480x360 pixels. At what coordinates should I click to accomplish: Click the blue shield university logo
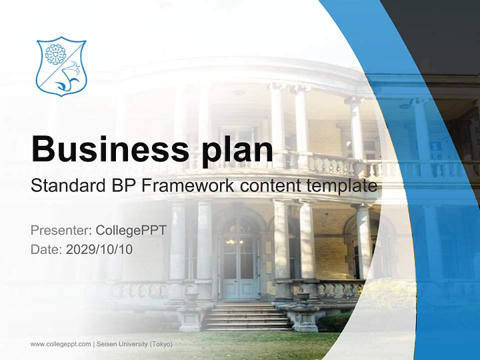(61, 66)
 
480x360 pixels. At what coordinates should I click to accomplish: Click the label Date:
(46, 249)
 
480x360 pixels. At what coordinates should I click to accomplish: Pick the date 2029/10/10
(99, 249)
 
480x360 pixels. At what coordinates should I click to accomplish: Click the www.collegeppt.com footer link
(60, 344)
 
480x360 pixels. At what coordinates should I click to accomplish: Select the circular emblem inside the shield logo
(54, 54)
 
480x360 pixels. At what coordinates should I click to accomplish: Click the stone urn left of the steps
(191, 296)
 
